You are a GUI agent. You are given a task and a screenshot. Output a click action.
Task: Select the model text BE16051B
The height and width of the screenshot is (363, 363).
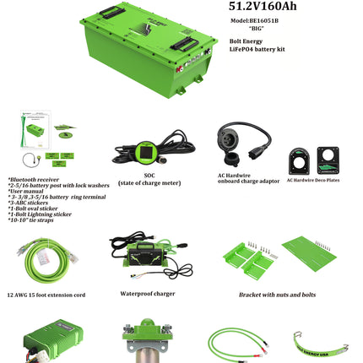point(266,20)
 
